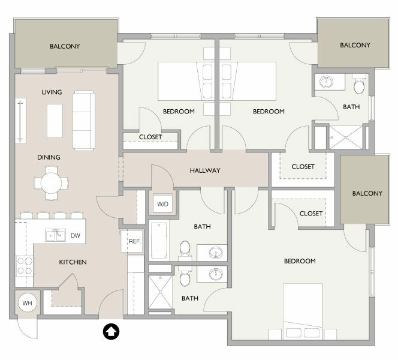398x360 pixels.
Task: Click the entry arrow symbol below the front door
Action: tap(111, 332)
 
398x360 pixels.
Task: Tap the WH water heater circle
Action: tap(28, 303)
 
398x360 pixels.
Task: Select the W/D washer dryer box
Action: tap(162, 204)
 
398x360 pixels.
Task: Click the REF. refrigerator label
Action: tap(135, 241)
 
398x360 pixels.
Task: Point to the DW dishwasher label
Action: tap(76, 236)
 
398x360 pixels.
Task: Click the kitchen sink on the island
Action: tap(56, 235)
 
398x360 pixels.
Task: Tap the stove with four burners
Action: tap(25, 266)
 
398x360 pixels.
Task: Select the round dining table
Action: tap(52, 183)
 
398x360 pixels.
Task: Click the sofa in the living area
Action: tap(84, 121)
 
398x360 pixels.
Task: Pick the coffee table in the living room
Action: tap(55, 121)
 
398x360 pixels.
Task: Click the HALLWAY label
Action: tap(205, 170)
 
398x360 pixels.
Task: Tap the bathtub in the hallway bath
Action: tap(159, 241)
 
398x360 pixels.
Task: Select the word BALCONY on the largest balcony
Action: tap(65, 46)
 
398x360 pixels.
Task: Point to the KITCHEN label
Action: tap(73, 262)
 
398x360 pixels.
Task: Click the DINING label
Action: tap(49, 157)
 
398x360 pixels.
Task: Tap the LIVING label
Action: tap(52, 92)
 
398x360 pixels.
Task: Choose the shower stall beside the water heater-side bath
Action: tap(160, 292)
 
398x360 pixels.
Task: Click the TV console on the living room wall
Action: tap(20, 121)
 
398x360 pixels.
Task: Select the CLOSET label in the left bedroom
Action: tap(150, 137)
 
